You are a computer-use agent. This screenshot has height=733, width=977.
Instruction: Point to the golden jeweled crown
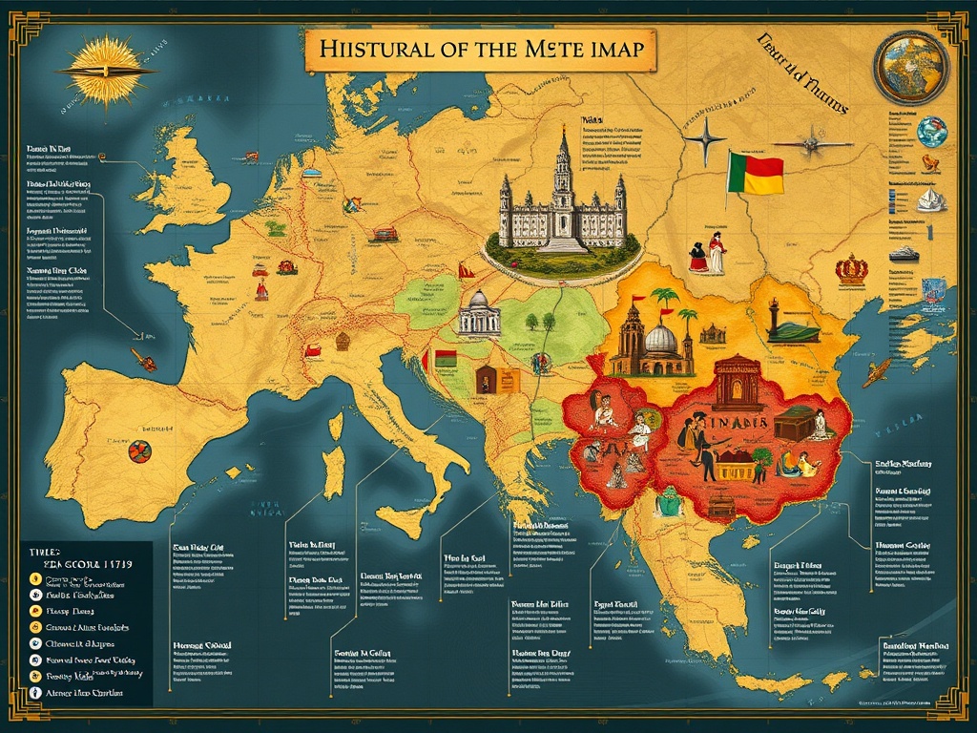pos(851,269)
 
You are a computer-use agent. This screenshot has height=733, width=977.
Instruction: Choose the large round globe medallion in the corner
pos(910,66)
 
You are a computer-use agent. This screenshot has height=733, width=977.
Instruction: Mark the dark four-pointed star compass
pos(705,137)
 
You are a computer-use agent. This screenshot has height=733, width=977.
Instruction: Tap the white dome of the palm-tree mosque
pos(660,340)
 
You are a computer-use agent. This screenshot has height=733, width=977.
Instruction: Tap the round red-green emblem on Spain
pos(137,450)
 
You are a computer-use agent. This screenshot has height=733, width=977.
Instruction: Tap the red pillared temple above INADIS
pos(736,382)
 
